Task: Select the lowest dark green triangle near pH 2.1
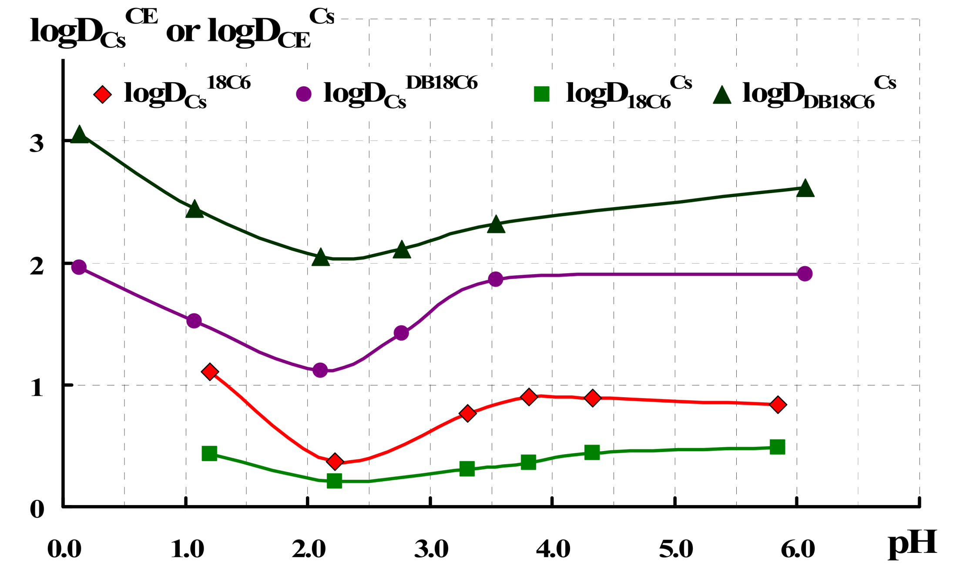[321, 258]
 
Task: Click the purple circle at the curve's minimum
[320, 370]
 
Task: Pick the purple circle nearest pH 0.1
[79, 267]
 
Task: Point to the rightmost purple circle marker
[805, 274]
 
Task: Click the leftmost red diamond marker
[210, 372]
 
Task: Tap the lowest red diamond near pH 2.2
[335, 461]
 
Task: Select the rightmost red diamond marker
[778, 405]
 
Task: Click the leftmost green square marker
[209, 453]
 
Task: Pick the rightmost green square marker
[777, 447]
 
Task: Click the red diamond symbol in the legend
[103, 94]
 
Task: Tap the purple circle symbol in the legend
[304, 94]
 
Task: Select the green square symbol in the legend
[542, 94]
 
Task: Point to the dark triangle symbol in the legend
[722, 95]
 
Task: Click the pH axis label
[912, 544]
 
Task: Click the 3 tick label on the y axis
[37, 143]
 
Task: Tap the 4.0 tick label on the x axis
[553, 549]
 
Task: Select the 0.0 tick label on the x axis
[64, 549]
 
